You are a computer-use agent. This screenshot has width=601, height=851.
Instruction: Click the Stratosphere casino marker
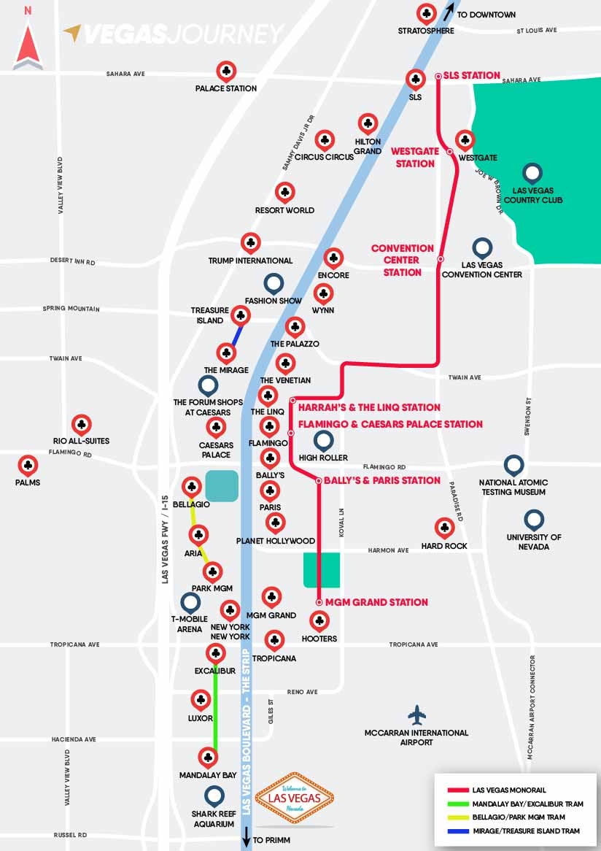426,14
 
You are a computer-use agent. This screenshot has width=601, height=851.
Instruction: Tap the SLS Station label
471,75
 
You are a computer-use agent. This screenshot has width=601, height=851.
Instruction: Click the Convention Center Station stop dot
441,259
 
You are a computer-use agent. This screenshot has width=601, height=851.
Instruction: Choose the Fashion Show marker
273,284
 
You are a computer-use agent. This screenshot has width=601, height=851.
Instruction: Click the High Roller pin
323,441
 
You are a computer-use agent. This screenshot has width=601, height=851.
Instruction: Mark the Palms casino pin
28,465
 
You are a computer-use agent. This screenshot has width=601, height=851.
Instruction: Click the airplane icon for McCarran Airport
416,714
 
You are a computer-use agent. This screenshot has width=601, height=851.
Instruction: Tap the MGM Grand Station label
376,602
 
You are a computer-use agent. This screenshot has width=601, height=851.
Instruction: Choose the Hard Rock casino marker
443,528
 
